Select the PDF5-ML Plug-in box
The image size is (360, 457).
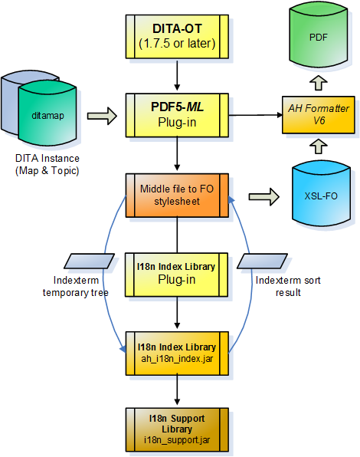pyautogui.click(x=177, y=115)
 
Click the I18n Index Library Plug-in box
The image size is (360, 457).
pyautogui.click(x=177, y=273)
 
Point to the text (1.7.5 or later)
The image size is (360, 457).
pyautogui.click(x=177, y=43)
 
